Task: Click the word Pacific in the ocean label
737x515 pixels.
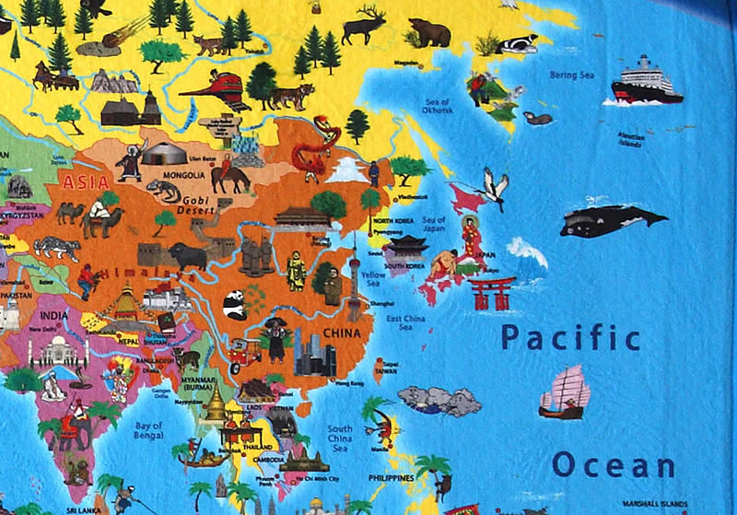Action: click(x=570, y=337)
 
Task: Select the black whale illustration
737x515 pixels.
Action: click(x=612, y=220)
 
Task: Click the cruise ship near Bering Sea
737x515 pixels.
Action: click(x=647, y=81)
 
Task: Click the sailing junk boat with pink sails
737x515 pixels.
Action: click(x=564, y=392)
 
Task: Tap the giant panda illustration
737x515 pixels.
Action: click(x=234, y=304)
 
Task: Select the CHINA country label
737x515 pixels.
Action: click(x=341, y=334)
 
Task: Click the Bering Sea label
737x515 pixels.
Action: click(x=571, y=75)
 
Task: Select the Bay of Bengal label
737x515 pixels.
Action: click(x=148, y=430)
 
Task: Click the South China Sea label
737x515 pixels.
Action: click(x=340, y=438)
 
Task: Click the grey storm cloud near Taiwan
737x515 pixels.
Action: click(x=439, y=401)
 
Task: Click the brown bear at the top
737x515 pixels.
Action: click(x=428, y=33)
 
